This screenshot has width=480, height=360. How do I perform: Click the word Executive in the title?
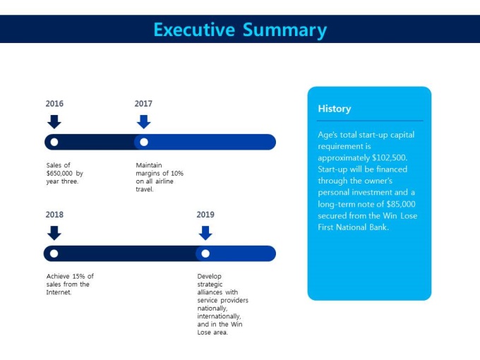(194, 30)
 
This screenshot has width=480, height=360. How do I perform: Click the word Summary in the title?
(284, 30)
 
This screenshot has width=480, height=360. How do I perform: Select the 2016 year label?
(54, 104)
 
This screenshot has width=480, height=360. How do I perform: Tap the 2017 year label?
(143, 104)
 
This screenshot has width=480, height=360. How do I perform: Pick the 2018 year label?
(54, 215)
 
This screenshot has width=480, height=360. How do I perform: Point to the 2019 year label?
(205, 215)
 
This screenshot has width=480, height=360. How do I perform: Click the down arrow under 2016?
(54, 122)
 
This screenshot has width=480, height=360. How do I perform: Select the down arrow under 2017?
(143, 122)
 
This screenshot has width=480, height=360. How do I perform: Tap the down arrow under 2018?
(54, 233)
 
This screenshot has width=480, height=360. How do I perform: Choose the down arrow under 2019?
(205, 233)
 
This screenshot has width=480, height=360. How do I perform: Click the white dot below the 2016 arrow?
(54, 142)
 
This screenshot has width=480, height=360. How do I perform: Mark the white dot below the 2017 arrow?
(144, 142)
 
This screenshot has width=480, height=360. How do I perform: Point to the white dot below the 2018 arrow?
(54, 253)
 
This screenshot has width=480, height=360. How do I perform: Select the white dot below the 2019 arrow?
(205, 253)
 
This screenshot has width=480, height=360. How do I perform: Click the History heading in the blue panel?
(335, 109)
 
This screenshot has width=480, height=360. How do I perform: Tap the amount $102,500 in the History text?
(390, 157)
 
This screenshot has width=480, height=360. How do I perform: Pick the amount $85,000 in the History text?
(401, 204)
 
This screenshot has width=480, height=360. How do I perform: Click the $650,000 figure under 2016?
(59, 173)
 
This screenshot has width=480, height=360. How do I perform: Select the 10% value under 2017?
(177, 173)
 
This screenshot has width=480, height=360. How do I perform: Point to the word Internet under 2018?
(59, 292)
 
